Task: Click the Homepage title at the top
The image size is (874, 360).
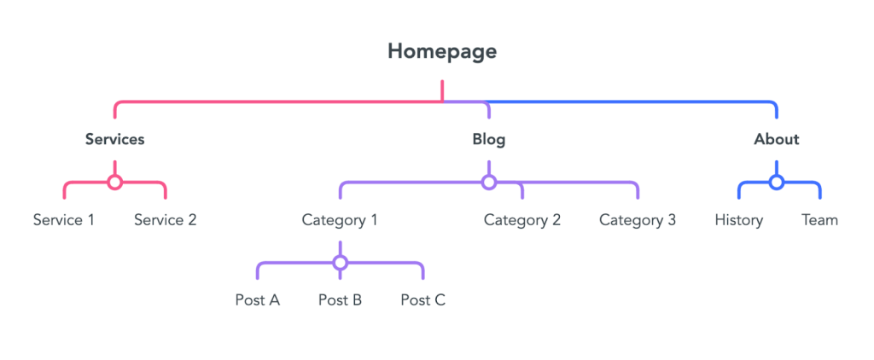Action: [441, 51]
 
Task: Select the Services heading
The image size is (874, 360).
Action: [114, 139]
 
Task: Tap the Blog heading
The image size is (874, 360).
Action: [488, 139]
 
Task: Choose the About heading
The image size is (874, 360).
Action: [776, 139]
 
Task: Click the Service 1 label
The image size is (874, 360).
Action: [64, 220]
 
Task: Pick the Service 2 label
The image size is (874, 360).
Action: [165, 220]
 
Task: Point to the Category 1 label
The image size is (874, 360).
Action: [340, 220]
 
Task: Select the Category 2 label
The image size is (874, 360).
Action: [522, 220]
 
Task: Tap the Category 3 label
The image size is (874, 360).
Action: [638, 220]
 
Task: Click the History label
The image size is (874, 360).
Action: [738, 220]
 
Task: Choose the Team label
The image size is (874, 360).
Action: [819, 220]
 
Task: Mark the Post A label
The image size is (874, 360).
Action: [257, 300]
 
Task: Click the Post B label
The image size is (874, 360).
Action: [340, 300]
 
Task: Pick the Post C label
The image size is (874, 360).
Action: [423, 300]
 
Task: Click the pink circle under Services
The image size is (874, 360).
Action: [114, 182]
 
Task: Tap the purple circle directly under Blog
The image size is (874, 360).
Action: [488, 182]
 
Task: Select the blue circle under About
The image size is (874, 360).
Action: [776, 182]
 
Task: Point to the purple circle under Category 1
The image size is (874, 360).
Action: [340, 262]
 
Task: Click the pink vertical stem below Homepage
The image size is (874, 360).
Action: [442, 90]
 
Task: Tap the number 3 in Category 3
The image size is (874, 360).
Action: [671, 220]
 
